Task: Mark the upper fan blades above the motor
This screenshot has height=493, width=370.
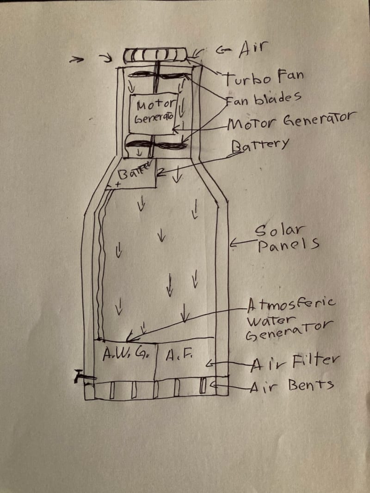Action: coord(155,75)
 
